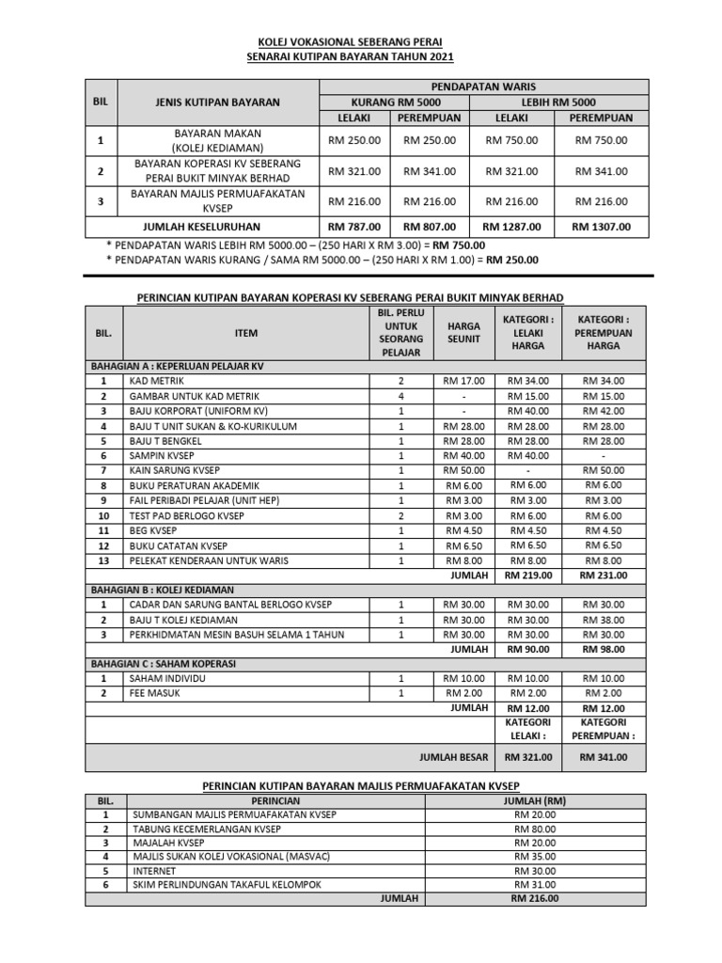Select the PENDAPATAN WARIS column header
pos(484,87)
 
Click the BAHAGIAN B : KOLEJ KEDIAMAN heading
pos(162,590)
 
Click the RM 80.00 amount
pos(535,829)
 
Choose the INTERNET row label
pos(154,870)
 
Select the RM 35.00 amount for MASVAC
pos(535,856)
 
